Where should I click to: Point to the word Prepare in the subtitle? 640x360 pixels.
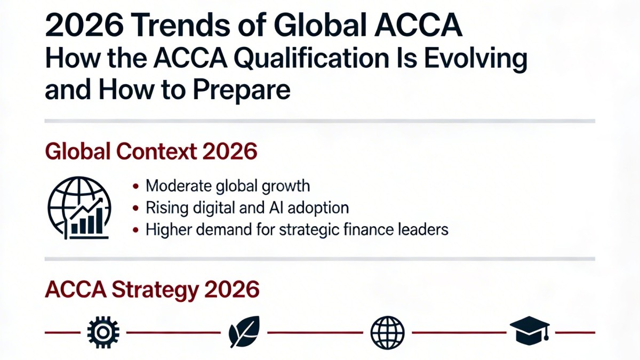coord(241,90)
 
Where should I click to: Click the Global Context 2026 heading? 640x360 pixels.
coord(151,153)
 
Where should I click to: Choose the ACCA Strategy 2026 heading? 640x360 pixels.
coord(153,290)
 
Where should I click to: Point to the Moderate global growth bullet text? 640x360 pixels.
coord(228,186)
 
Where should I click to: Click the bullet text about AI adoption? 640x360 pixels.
coord(247,207)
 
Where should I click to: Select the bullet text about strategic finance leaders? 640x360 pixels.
coord(297,229)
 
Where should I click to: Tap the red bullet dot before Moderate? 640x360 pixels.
coord(137,187)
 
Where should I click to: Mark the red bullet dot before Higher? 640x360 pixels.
coord(137,230)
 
